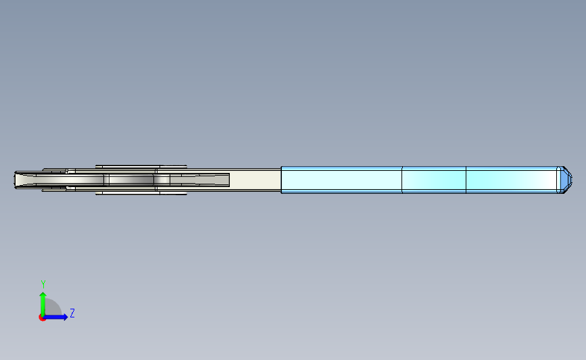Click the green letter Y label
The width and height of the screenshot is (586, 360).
click(43, 284)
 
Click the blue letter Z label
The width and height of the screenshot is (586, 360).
click(72, 313)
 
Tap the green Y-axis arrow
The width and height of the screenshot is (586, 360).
click(43, 304)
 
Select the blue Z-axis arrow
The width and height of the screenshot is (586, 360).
click(55, 317)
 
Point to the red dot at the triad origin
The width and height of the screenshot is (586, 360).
click(42, 317)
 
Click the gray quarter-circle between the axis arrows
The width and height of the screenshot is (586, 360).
click(53, 307)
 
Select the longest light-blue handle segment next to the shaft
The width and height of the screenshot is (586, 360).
click(341, 180)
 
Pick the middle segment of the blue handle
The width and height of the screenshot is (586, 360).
click(434, 180)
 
